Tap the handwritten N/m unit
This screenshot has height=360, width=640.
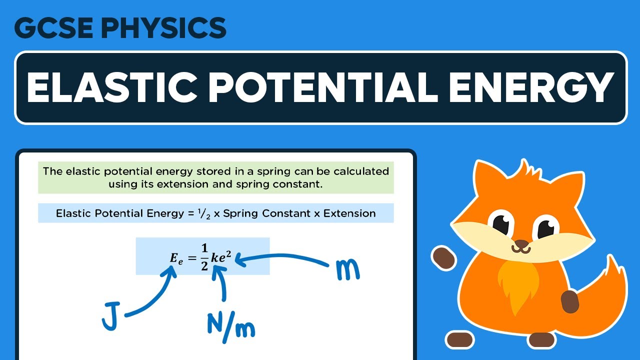(x=230, y=325)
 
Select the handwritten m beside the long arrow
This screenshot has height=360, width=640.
(x=345, y=270)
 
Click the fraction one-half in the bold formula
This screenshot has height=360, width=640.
(x=204, y=256)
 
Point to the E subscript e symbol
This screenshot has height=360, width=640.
(x=176, y=258)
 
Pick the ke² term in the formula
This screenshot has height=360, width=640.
(x=222, y=255)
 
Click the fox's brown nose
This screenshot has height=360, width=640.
(x=521, y=244)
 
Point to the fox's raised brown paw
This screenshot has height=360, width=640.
(x=442, y=256)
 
